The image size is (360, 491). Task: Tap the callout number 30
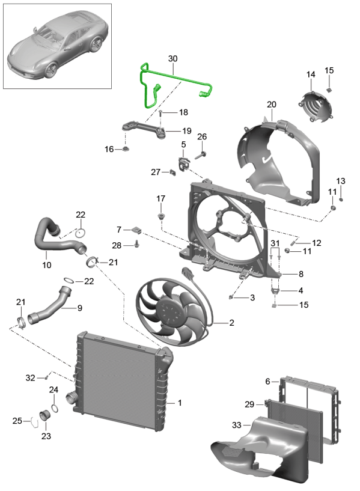173,59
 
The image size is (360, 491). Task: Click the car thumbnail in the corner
58,46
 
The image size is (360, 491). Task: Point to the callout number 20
271,105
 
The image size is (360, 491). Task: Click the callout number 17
160,199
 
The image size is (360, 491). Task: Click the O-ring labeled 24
55,409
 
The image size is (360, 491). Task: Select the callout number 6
267,381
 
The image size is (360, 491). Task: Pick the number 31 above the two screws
275,242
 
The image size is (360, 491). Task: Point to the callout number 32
30,377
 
